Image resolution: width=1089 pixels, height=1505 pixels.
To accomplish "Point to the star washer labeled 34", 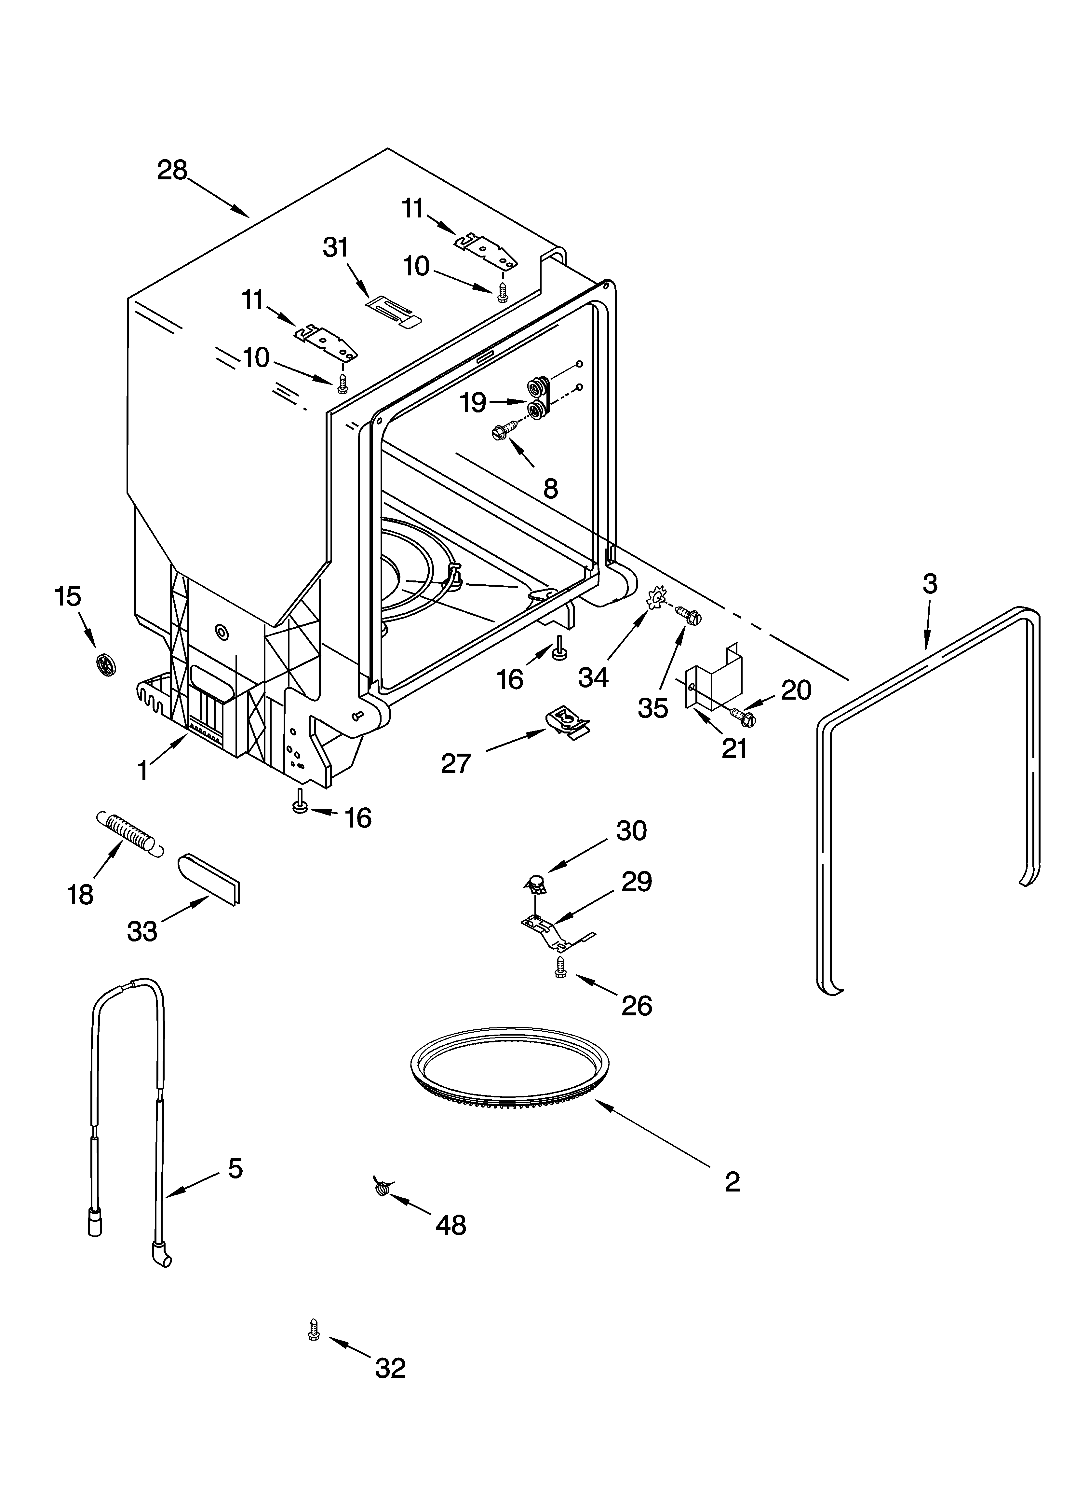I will click(x=656, y=599).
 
